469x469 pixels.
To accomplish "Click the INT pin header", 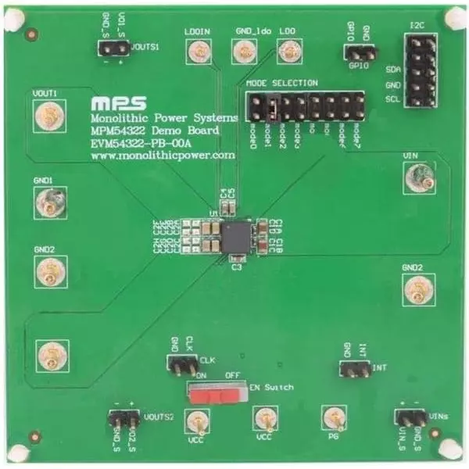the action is click(354, 366).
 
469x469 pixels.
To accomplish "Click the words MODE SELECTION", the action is click(281, 83).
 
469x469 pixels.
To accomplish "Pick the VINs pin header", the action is click(409, 419).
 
